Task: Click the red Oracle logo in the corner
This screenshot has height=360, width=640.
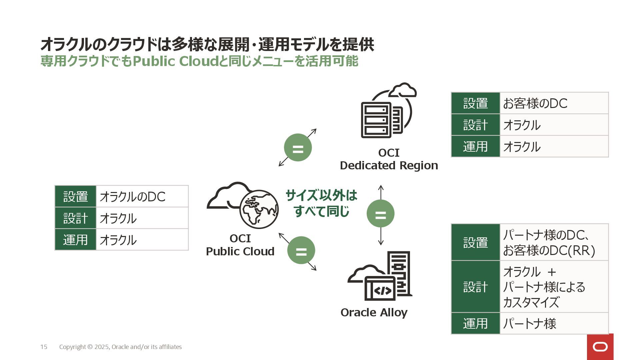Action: point(600,347)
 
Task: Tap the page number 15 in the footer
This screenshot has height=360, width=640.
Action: point(44,347)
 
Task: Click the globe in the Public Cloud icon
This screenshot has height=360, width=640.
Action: point(259,209)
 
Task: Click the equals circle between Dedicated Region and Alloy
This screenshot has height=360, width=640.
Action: point(380,214)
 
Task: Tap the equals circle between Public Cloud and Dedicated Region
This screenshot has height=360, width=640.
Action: point(298,148)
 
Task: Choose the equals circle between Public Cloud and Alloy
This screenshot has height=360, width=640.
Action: point(301,250)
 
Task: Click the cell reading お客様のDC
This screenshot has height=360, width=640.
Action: point(554,103)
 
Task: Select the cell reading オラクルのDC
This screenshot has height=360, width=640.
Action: point(142,197)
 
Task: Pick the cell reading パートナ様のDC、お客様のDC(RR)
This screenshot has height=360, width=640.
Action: point(554,242)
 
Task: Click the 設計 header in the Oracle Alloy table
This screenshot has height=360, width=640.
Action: point(475,287)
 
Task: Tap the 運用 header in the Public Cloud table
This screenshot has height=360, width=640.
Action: point(76,240)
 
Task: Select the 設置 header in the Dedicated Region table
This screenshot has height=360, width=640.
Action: point(475,103)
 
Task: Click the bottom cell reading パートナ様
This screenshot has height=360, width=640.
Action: point(554,323)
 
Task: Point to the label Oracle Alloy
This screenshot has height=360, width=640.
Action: point(374,313)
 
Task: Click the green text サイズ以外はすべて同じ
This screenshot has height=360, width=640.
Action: point(321,203)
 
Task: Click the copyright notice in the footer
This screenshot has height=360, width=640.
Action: point(120,347)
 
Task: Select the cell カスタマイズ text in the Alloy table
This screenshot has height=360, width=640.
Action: point(531,302)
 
